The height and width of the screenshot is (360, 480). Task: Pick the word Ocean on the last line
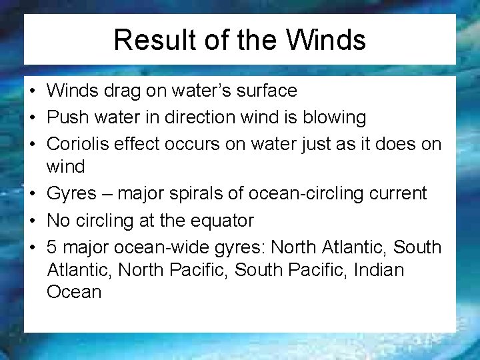coord(73,292)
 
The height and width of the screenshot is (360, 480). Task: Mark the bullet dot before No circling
coord(33,221)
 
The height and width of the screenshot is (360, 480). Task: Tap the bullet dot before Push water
coord(33,119)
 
